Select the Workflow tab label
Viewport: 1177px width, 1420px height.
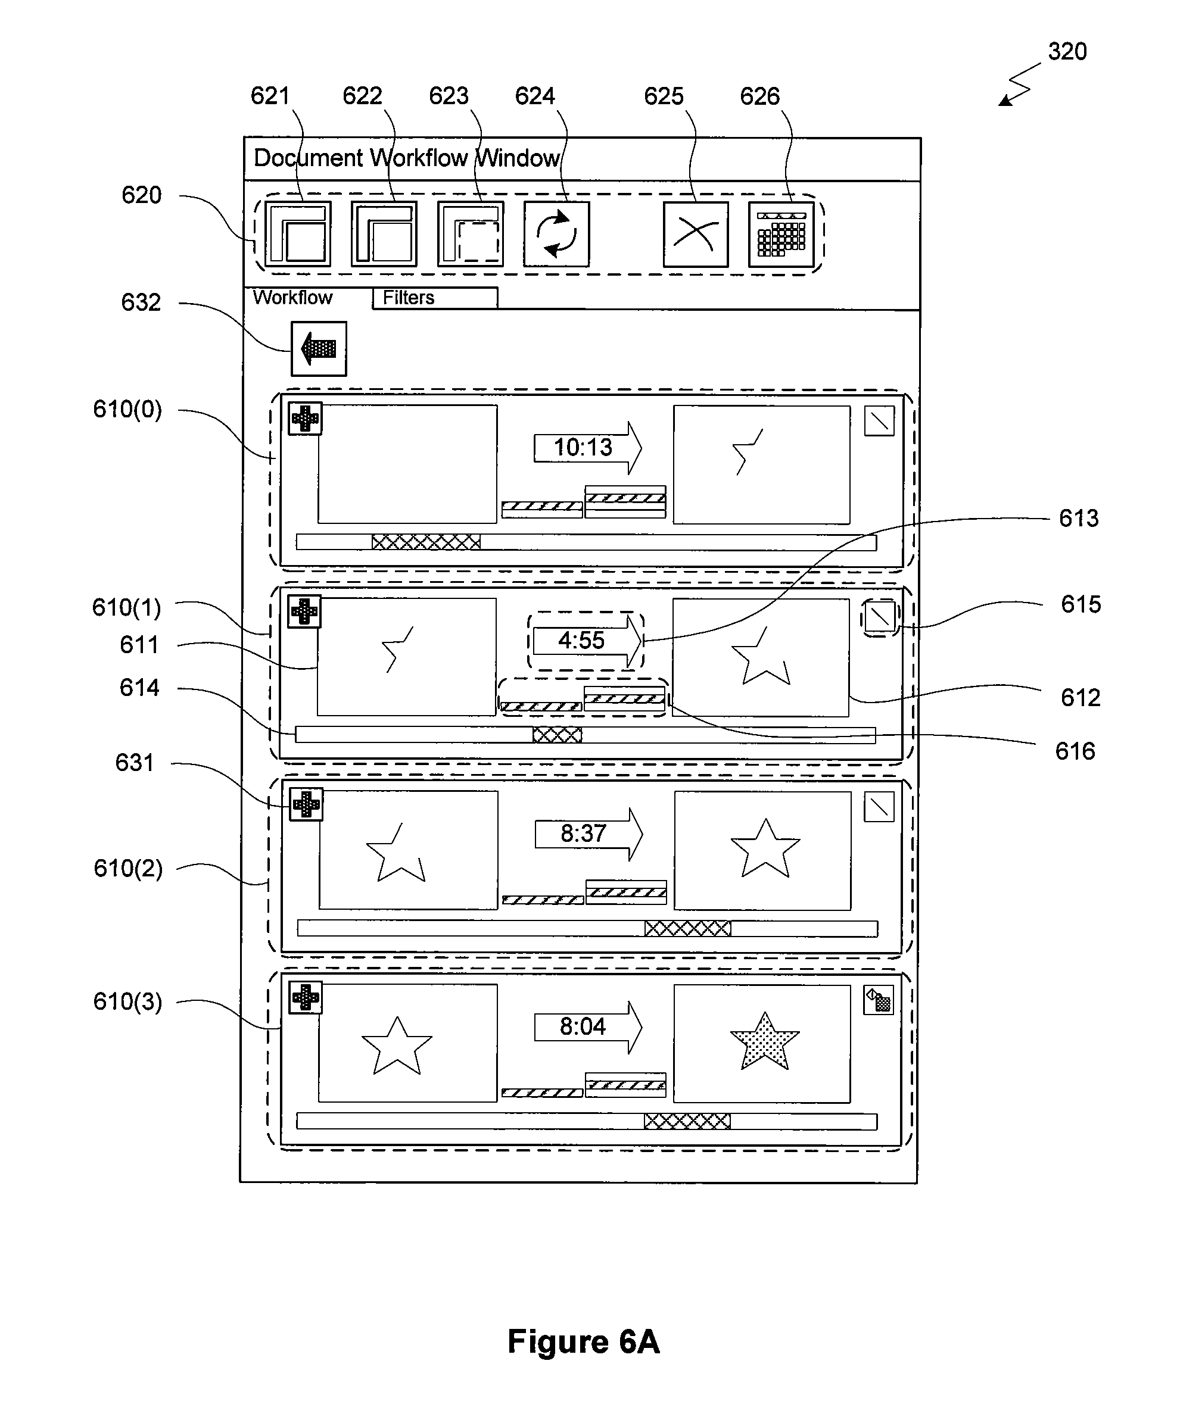click(x=292, y=298)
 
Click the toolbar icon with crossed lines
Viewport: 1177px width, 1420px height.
click(x=695, y=235)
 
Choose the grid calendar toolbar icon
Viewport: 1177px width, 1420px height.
click(x=781, y=235)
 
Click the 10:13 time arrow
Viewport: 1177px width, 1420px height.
click(x=587, y=448)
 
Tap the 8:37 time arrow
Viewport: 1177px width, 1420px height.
click(x=588, y=834)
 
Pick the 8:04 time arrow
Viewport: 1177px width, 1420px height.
click(x=588, y=1027)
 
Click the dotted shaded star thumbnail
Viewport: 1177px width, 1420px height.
click(x=764, y=1042)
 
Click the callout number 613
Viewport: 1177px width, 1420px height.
click(x=1078, y=519)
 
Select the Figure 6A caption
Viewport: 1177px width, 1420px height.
click(x=583, y=1341)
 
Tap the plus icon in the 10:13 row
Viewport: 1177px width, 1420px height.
click(x=305, y=419)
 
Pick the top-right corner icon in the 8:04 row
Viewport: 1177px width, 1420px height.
click(x=879, y=1001)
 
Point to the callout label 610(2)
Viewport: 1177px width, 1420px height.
click(x=128, y=868)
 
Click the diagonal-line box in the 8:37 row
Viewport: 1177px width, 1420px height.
click(x=879, y=807)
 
